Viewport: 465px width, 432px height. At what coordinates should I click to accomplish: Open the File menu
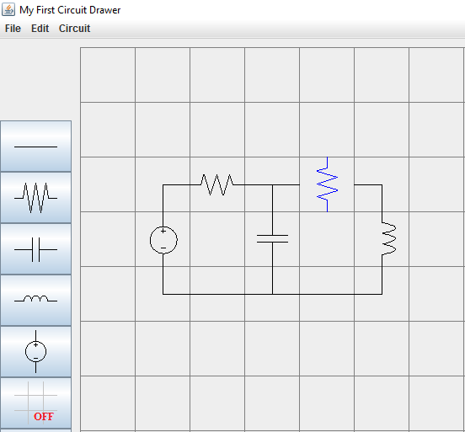13,29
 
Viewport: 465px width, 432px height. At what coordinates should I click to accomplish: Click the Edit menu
40,29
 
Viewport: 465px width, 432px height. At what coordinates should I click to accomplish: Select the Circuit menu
74,29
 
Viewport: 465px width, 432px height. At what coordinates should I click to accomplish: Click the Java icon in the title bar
8,9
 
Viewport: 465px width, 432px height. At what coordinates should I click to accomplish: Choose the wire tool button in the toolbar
35,146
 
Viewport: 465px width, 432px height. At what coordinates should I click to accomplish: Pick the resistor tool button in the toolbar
35,197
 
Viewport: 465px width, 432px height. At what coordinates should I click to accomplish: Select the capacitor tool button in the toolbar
35,249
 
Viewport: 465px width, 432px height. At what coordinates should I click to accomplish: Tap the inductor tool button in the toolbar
35,300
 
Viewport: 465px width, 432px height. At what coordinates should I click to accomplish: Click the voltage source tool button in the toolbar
35,352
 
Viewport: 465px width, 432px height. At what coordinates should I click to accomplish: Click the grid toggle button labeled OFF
35,403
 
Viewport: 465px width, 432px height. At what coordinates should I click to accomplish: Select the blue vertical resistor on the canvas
327,184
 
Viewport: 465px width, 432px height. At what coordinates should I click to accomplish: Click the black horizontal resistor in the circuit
216,184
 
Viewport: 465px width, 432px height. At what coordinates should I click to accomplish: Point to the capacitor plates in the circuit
273,238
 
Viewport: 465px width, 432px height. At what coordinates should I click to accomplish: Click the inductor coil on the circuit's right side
389,238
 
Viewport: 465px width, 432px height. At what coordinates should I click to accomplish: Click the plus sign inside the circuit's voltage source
163,231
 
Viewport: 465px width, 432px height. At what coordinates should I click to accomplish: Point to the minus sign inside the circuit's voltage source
163,248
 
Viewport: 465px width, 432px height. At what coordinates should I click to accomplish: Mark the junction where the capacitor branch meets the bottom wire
273,294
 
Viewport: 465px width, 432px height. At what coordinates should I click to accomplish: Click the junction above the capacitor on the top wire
273,184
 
